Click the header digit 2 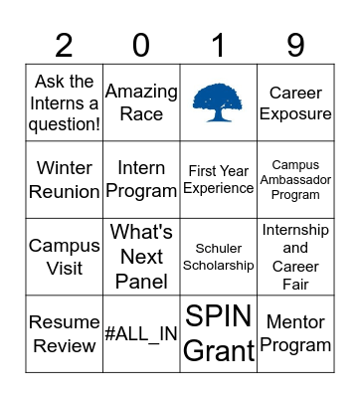[x=65, y=45]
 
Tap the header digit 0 [x=141, y=45]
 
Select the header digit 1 [x=219, y=45]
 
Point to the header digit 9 [x=295, y=45]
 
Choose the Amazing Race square [x=141, y=102]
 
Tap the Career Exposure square [x=295, y=102]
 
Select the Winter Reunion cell [x=65, y=179]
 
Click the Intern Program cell [x=141, y=179]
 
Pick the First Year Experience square [x=219, y=179]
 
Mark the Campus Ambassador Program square [x=295, y=179]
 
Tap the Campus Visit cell [x=65, y=257]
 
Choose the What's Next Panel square [x=141, y=257]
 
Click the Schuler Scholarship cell [x=219, y=257]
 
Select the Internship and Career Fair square [x=295, y=257]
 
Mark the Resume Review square [x=65, y=333]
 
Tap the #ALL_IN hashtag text [x=141, y=334]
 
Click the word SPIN [x=219, y=317]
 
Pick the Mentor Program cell [x=295, y=333]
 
